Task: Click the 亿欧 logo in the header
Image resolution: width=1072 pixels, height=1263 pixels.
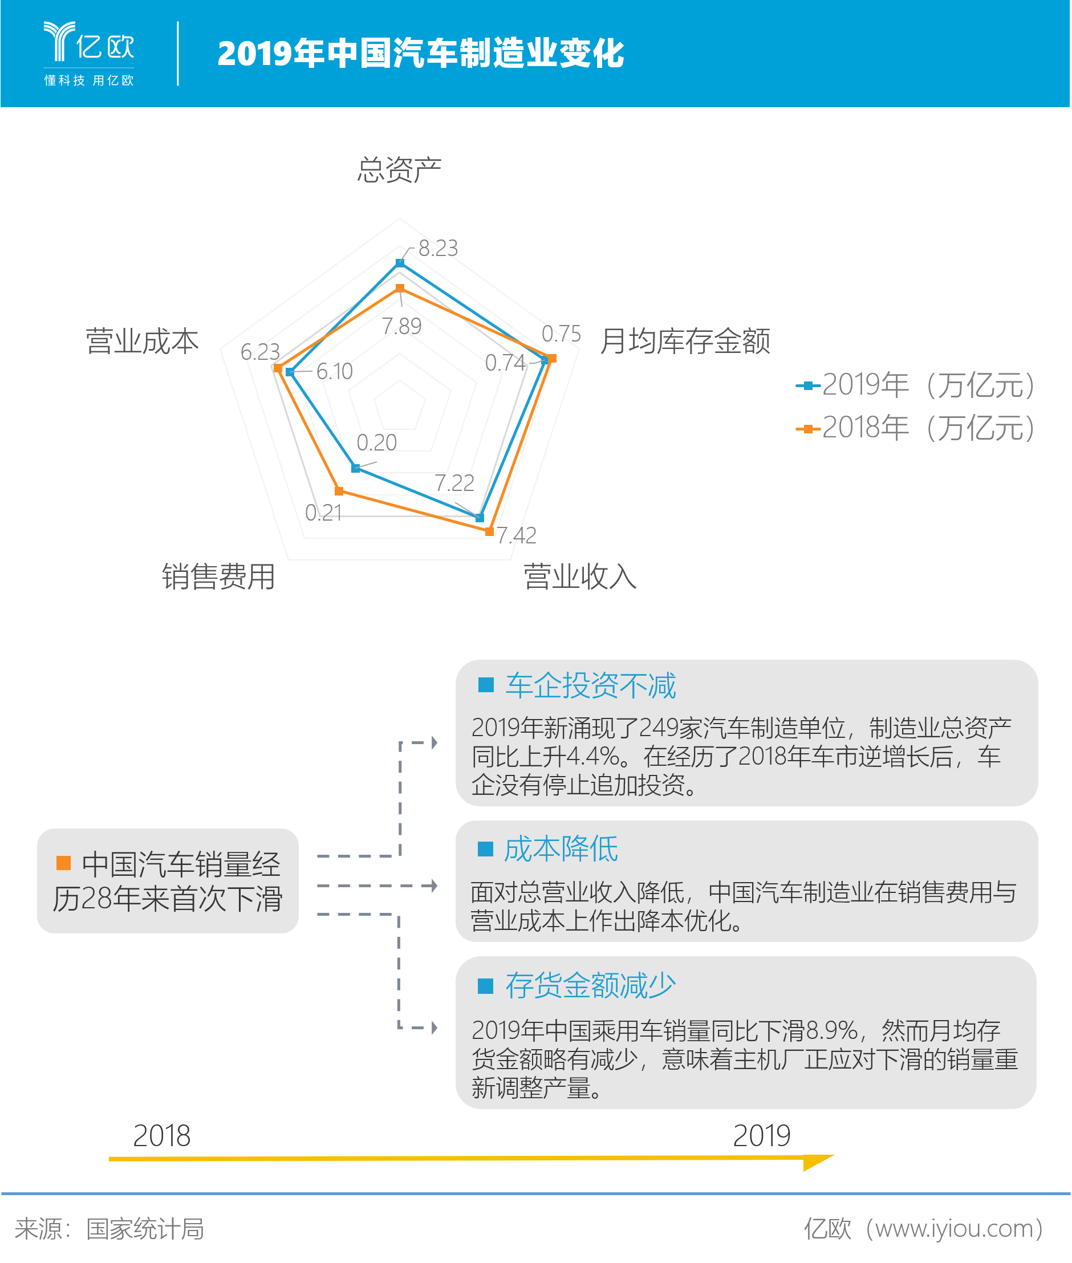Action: click(x=89, y=54)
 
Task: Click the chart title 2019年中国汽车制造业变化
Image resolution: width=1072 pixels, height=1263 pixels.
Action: click(x=421, y=54)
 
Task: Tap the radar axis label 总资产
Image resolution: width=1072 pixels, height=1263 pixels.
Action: click(x=399, y=169)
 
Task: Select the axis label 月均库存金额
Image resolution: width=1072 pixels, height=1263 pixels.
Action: click(x=685, y=340)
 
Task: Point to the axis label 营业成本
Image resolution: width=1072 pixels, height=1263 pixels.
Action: click(x=142, y=340)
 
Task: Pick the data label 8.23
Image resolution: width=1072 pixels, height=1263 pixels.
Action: click(x=438, y=248)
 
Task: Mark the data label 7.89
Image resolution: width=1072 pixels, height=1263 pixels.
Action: click(x=401, y=326)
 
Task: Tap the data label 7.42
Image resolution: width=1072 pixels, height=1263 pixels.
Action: click(x=517, y=535)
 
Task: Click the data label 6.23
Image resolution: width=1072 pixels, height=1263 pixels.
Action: click(x=260, y=352)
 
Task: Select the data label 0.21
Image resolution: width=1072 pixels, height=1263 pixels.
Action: click(x=323, y=513)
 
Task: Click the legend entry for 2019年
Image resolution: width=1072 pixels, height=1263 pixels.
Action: click(x=915, y=385)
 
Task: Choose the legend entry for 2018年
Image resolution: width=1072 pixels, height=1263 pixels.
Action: click(x=915, y=428)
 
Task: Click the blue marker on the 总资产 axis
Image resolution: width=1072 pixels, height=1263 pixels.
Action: click(x=400, y=262)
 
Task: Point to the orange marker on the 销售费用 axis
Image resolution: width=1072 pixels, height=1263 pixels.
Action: click(x=339, y=490)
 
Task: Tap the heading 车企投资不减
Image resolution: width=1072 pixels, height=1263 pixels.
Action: click(x=590, y=685)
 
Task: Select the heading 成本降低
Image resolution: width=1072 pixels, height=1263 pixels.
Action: click(x=561, y=848)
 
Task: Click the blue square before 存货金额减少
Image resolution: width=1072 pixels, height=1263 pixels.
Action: click(x=486, y=985)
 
